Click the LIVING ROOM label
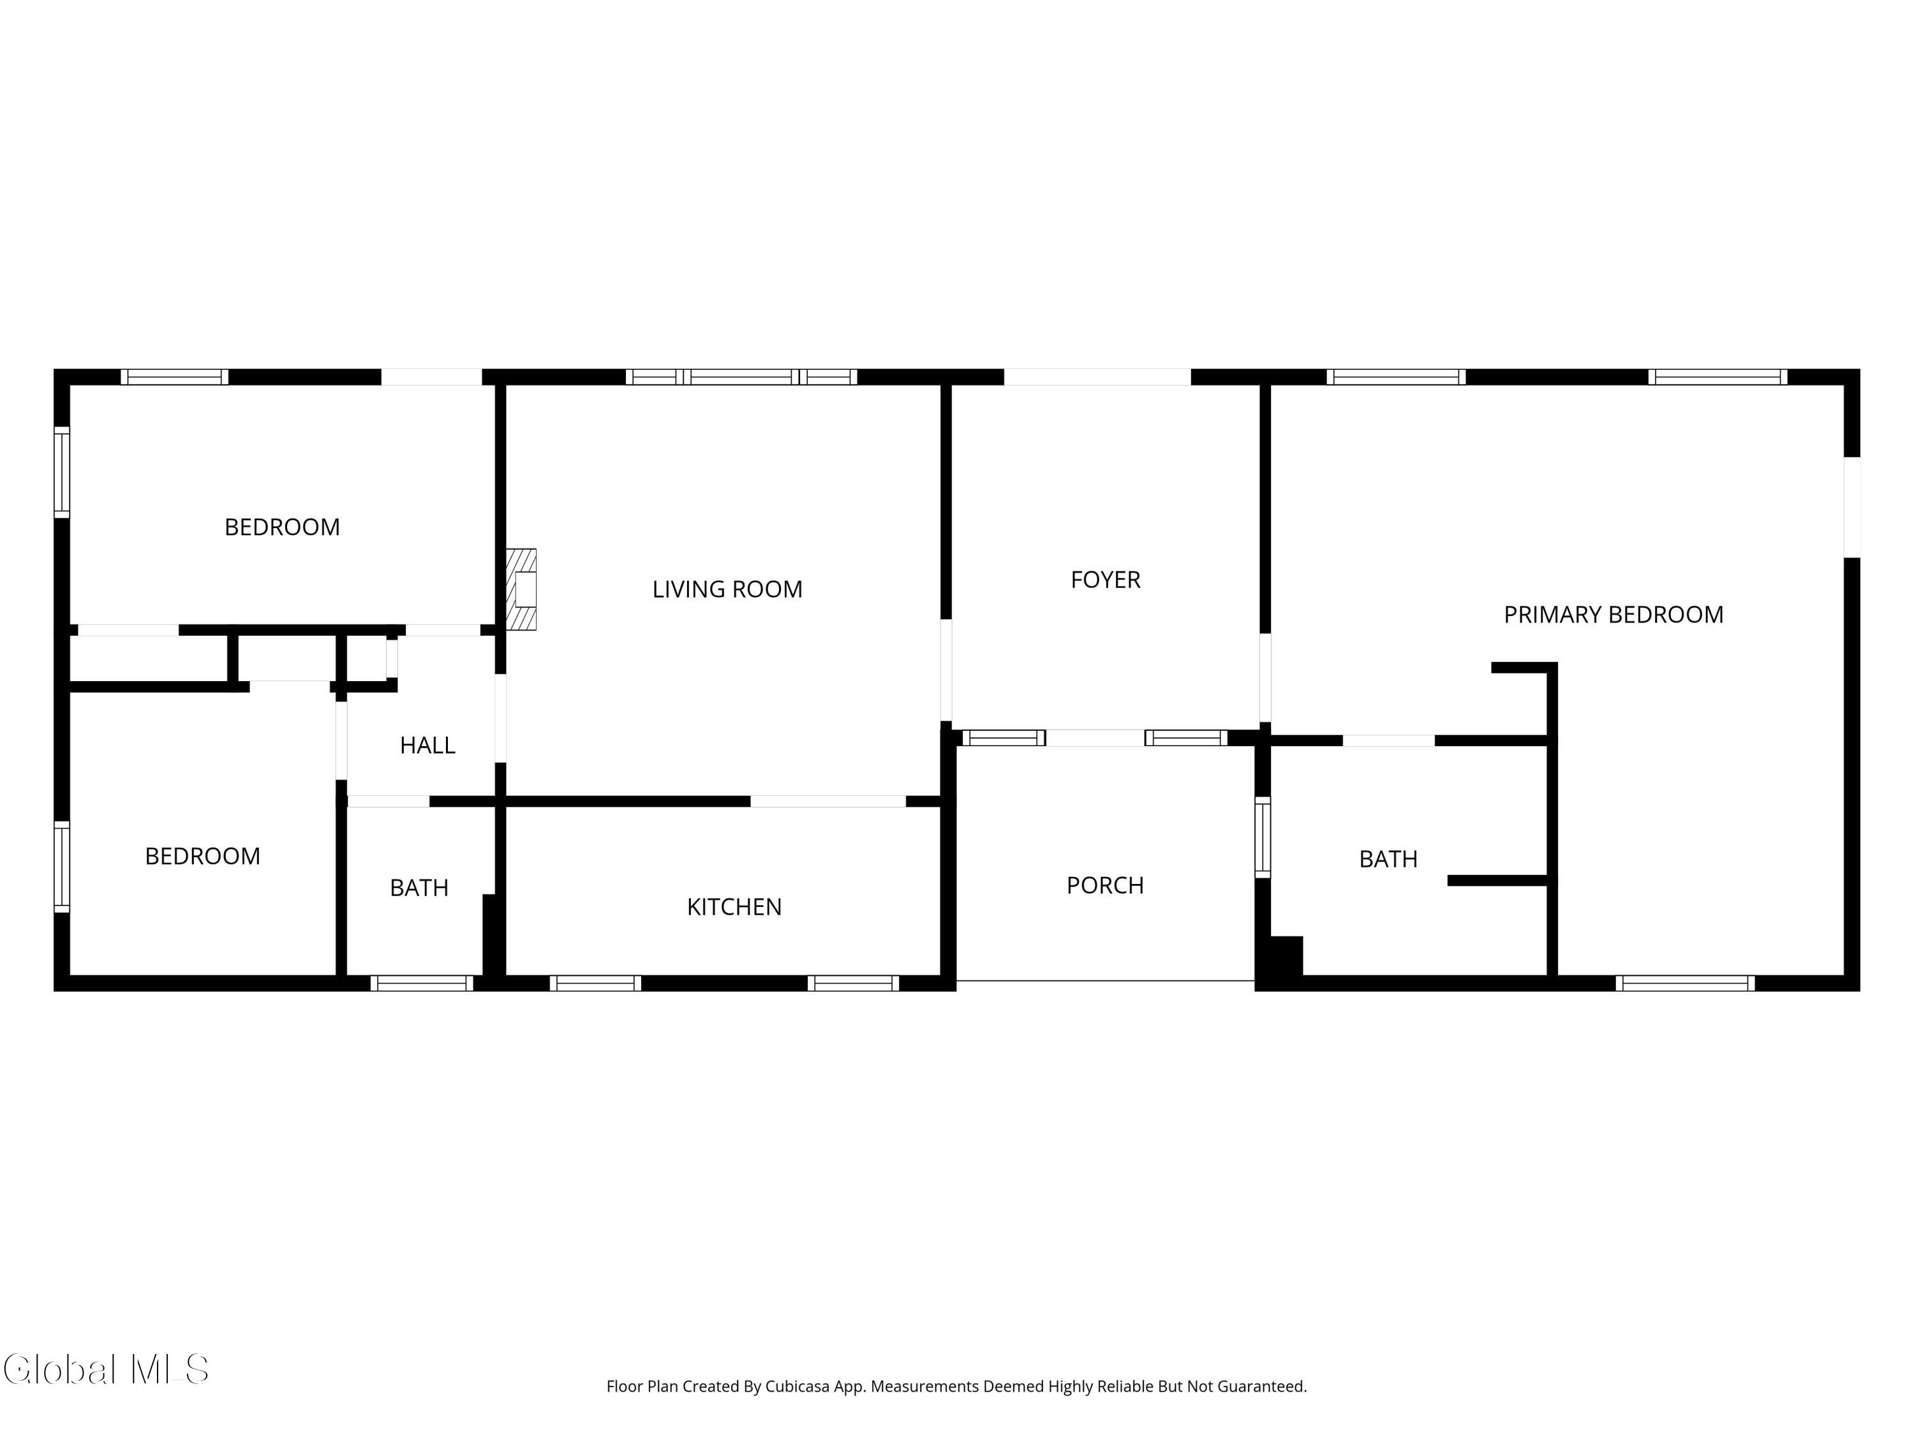(727, 589)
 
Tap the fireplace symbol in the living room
(522, 589)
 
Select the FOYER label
(1105, 580)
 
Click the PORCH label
(1105, 885)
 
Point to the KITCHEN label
(734, 906)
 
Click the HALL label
(427, 745)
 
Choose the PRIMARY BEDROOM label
(1613, 614)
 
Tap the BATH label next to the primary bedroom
(1388, 859)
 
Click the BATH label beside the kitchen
(419, 888)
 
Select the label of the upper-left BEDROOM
(282, 527)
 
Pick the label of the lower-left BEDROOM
(202, 855)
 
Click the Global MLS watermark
(105, 1369)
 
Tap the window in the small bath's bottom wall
(421, 983)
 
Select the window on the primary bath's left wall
(1263, 836)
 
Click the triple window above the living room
(741, 376)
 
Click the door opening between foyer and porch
(1095, 738)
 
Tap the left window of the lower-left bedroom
(61, 866)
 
